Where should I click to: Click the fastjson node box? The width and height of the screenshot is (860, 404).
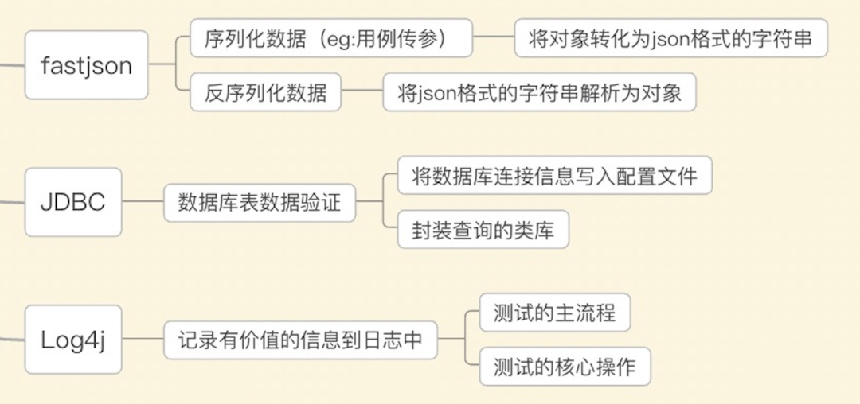pos(86,65)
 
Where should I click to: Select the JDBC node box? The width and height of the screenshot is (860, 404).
pos(73,202)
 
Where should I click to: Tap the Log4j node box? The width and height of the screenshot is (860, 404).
pos(73,340)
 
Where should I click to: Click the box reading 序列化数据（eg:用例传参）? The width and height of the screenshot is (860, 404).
pos(331,39)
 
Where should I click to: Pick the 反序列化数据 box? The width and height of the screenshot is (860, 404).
pos(266,92)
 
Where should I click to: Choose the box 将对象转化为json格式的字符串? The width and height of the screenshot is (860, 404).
pos(670,39)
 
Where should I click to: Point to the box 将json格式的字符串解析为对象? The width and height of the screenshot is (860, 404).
pos(540,92)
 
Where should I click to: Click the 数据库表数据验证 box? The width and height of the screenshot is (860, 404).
pos(260,202)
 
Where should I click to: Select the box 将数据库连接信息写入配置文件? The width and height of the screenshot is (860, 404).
pos(555,176)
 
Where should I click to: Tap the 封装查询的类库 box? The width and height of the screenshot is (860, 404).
pos(483,230)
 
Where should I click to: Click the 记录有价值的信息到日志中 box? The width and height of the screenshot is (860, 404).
pos(302,340)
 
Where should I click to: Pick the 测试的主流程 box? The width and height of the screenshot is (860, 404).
pos(555,313)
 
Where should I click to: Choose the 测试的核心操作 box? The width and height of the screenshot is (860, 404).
pos(565,367)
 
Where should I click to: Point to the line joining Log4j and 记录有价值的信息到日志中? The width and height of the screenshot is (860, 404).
pos(143,340)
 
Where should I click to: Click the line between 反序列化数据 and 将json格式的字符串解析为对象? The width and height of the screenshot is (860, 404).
pos(362,92)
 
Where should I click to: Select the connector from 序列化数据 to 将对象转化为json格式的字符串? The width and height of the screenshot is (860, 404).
pos(494,39)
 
